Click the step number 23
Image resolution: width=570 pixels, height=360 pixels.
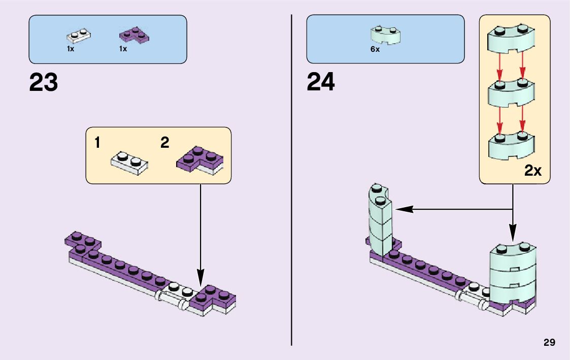point(44,83)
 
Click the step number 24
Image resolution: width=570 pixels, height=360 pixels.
point(321,83)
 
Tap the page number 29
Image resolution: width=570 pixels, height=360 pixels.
point(549,343)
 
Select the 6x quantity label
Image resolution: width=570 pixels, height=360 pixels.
point(375,50)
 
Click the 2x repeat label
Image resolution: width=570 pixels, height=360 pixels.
point(533,171)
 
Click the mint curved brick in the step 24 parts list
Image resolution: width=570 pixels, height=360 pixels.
point(386,35)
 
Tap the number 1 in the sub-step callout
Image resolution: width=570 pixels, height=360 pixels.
point(97,143)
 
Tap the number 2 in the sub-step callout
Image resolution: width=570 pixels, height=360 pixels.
point(164,143)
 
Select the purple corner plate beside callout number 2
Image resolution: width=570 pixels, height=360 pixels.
point(200,160)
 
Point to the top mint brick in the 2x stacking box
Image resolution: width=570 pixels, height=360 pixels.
point(511,40)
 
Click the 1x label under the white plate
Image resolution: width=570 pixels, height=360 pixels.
point(71,49)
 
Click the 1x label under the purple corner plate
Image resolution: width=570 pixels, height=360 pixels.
point(123,49)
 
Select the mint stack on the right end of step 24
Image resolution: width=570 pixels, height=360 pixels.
point(513,274)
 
